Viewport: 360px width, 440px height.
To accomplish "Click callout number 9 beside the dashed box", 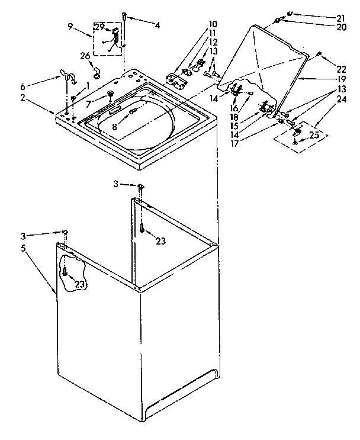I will [71, 26].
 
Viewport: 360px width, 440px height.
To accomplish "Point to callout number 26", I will [84, 56].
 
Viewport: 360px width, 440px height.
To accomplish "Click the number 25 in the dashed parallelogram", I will [315, 135].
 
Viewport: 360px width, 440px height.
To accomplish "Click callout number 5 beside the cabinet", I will [24, 248].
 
